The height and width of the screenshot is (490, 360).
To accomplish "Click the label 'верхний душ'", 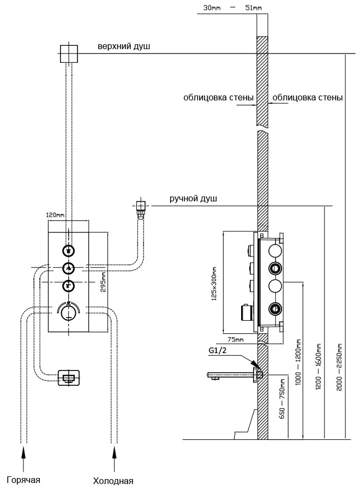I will (124, 47).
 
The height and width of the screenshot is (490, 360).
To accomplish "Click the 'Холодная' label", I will (113, 481).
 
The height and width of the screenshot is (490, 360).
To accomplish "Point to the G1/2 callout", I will (217, 351).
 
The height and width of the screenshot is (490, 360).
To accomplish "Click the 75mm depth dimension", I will (236, 339).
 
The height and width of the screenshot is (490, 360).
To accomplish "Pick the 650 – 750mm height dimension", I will (282, 398).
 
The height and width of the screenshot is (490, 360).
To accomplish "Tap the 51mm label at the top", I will (254, 7).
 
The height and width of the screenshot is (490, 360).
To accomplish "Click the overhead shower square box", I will (68, 53).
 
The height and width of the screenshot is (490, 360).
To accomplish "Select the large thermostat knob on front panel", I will (68, 313).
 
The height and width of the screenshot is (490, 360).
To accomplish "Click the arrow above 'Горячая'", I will (24, 455).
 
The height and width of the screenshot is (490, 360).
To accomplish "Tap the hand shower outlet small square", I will (141, 206).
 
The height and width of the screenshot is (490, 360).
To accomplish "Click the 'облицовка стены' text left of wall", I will (218, 98).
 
